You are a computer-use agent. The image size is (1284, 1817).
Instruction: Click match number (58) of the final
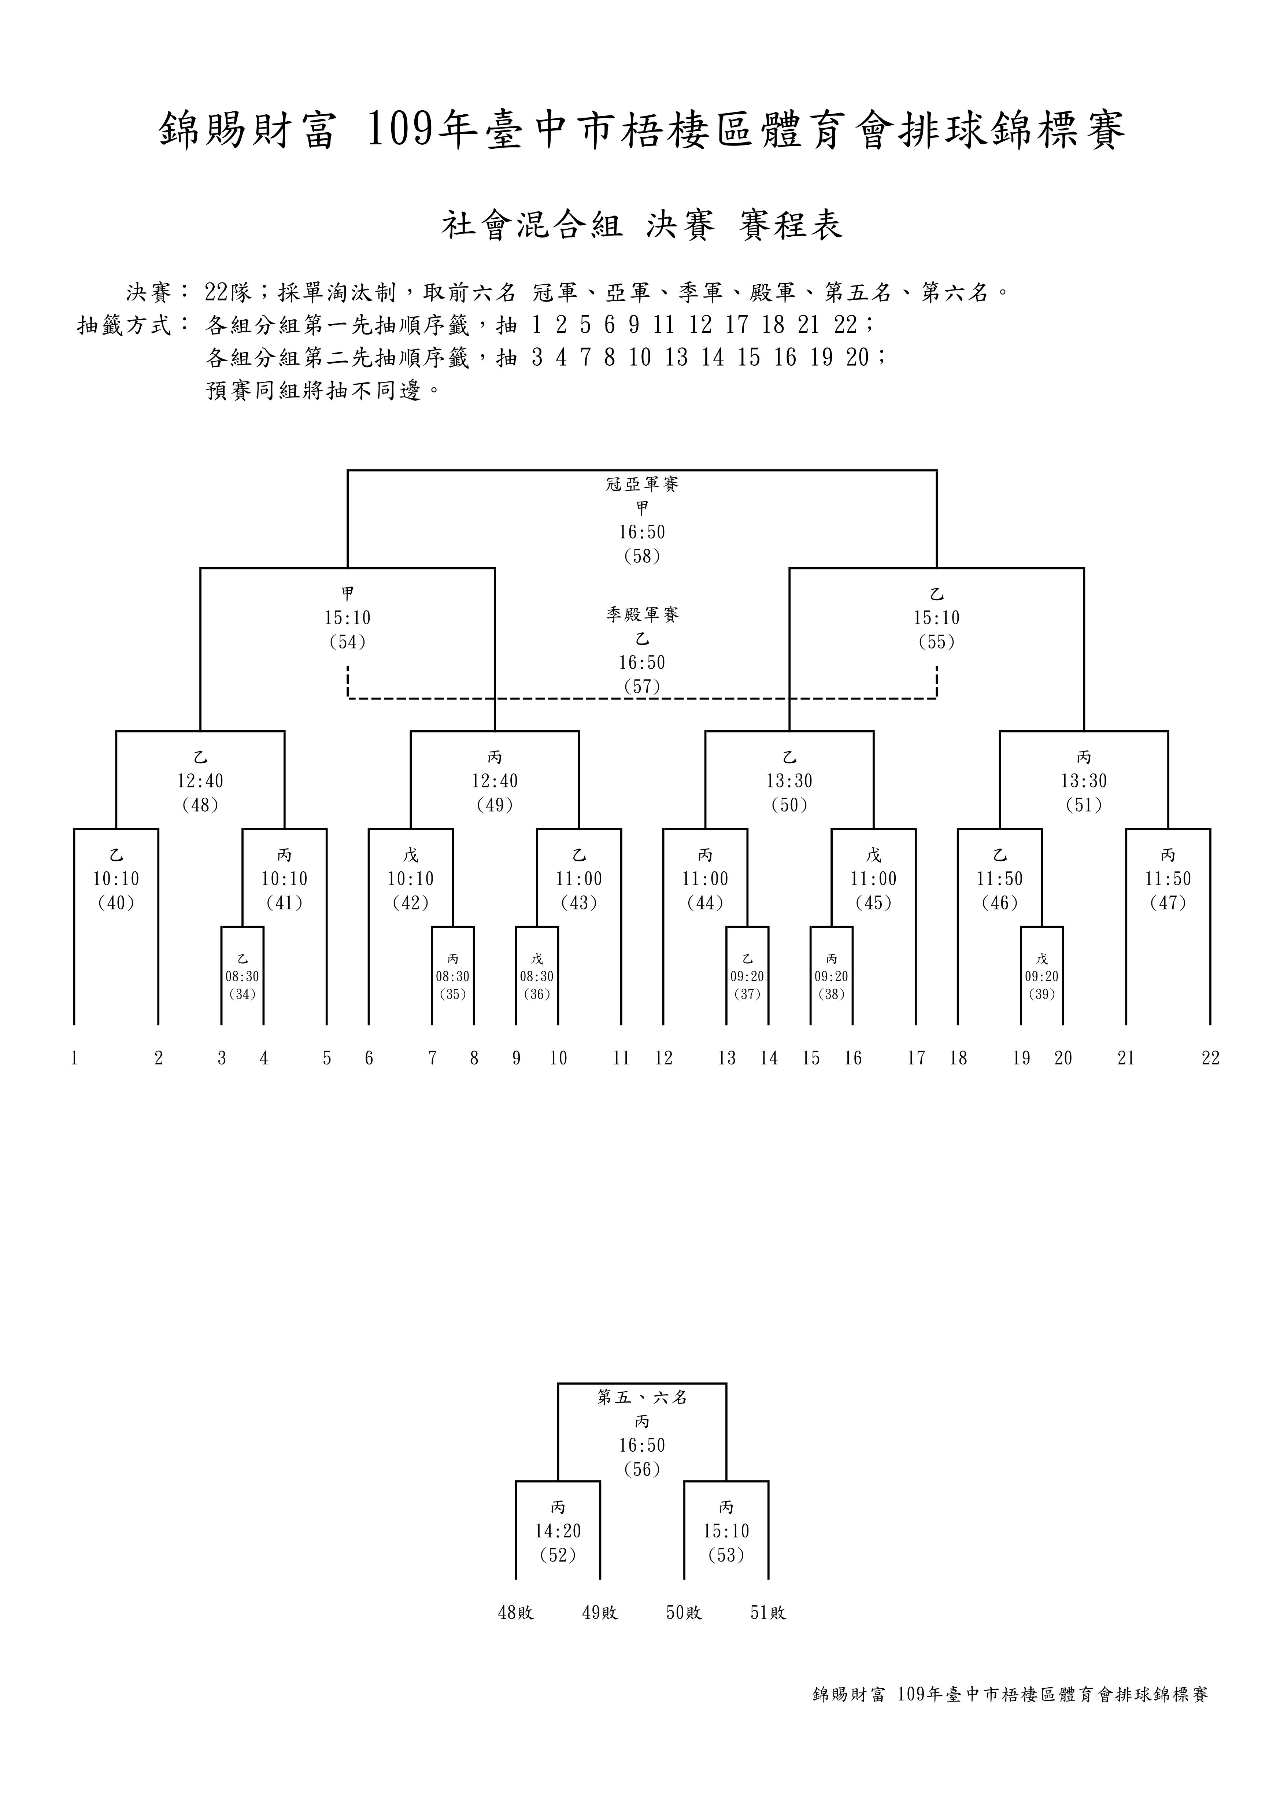(641, 556)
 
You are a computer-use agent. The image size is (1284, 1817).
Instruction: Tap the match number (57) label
(641, 686)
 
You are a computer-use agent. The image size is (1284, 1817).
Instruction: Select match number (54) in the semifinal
(347, 642)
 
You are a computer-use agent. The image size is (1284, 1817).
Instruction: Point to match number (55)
(937, 642)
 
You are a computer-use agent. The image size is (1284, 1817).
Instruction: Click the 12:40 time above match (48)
(200, 781)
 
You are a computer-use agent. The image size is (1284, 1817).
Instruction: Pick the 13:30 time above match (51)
(1084, 781)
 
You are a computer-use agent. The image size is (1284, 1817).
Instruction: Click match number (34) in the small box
(242, 995)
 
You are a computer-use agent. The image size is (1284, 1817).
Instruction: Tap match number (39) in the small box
(1042, 995)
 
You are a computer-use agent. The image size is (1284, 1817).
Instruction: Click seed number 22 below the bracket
(1210, 1058)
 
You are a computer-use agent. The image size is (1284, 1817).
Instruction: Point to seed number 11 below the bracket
(621, 1058)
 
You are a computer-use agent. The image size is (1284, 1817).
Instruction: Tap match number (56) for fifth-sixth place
(641, 1470)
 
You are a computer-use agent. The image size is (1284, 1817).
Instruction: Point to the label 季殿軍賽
(641, 614)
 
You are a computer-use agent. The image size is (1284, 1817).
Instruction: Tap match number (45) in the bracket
(873, 903)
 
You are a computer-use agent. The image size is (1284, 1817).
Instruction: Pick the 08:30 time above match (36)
(536, 976)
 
